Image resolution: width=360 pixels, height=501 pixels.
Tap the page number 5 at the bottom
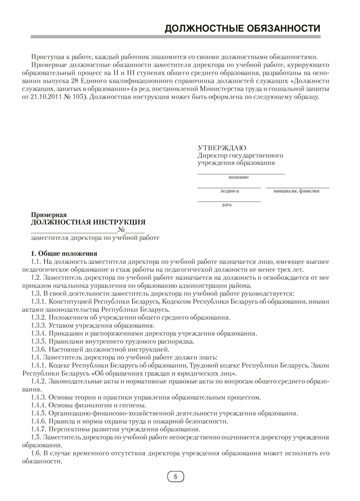coord(175,476)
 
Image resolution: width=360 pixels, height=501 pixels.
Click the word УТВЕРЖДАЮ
coord(222,148)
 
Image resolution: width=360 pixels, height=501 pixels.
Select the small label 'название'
coord(239,177)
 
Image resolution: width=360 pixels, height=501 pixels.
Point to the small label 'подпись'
coord(230,191)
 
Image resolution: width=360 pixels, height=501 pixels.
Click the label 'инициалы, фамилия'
coord(296,191)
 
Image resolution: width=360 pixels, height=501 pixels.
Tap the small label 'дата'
coord(226,205)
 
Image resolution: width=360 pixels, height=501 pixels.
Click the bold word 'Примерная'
coord(49,214)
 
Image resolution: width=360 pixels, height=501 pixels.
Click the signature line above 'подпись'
coord(229,187)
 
